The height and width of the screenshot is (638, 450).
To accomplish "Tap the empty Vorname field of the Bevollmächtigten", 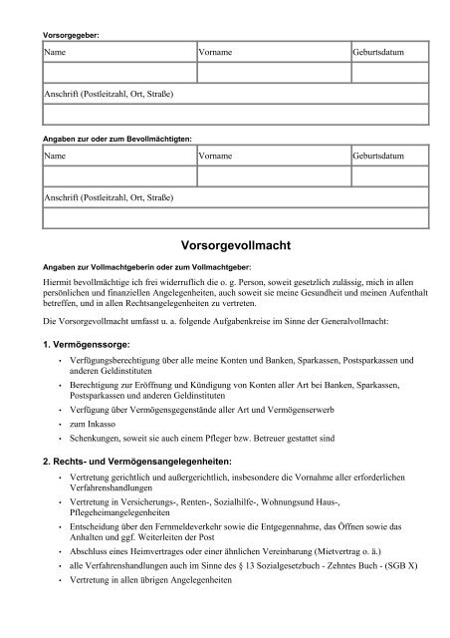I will pos(273,176).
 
